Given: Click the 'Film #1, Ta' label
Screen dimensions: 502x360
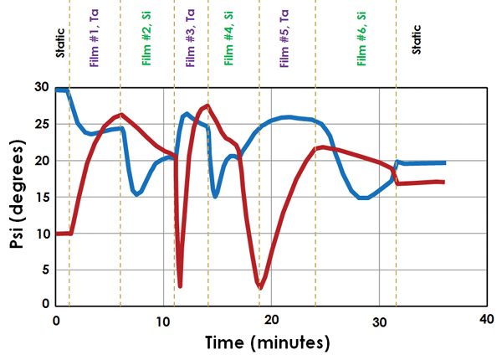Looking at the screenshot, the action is (94, 38).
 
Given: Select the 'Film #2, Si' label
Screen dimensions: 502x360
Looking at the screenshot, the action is (146, 39).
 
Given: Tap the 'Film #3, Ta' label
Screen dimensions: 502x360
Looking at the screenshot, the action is (190, 38).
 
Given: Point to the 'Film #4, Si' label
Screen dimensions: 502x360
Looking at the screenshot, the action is (228, 39).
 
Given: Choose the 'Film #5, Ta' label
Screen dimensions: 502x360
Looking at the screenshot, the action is (284, 39).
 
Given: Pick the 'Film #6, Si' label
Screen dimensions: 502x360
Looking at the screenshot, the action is (361, 39).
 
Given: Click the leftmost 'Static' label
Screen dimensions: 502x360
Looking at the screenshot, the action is (60, 43).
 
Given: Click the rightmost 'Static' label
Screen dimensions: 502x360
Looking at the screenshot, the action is (416, 39).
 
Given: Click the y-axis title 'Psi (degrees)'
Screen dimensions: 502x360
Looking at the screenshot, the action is (17, 194).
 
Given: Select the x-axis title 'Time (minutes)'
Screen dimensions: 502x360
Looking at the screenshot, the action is (268, 342).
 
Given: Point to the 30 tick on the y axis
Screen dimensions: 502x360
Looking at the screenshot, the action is (42, 87).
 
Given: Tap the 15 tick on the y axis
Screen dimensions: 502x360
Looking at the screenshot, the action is (42, 197).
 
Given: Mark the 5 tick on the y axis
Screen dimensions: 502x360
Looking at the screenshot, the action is (46, 270).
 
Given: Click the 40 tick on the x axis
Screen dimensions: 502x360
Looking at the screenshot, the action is (487, 319).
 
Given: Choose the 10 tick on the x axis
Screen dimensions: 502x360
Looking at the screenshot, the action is (163, 321).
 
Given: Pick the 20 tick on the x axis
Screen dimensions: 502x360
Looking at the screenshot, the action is (271, 320).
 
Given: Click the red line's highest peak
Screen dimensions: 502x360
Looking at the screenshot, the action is (208, 105).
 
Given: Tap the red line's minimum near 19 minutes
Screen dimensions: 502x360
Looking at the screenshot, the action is (260, 288).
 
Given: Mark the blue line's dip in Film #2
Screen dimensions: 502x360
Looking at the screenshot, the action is (136, 194).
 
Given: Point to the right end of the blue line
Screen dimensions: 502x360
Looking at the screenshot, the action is (445, 163).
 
